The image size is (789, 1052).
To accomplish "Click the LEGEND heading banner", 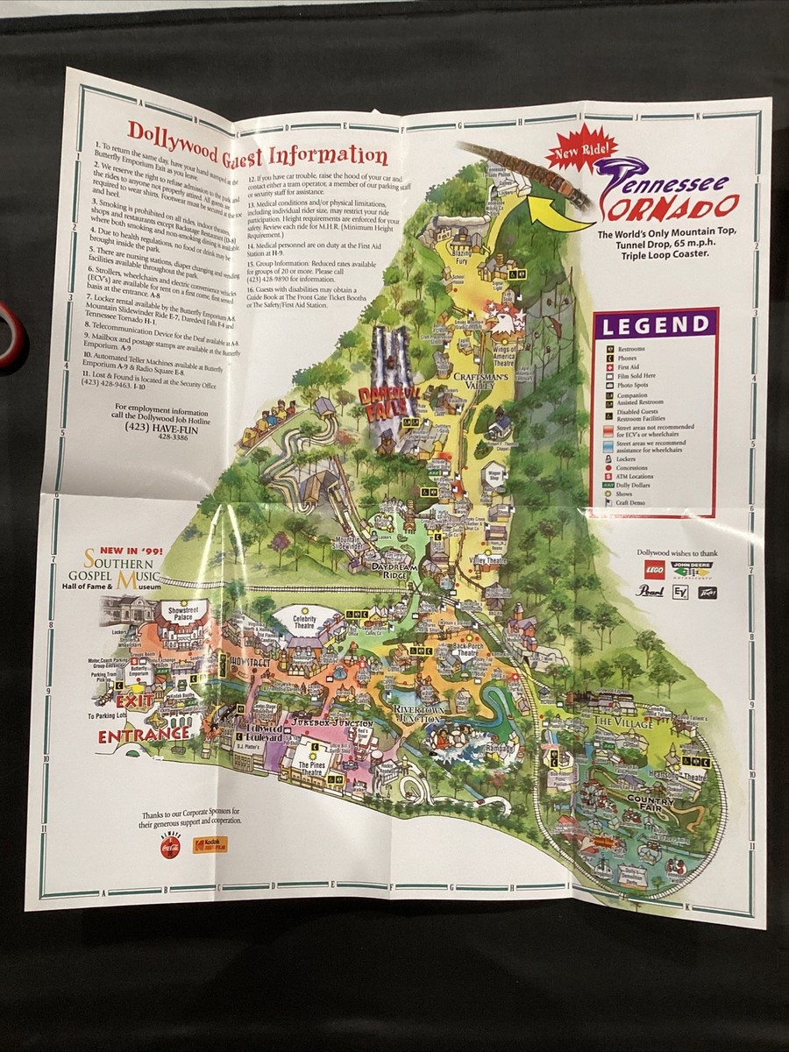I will coord(655,325).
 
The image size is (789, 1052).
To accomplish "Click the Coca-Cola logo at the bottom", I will coord(170,848).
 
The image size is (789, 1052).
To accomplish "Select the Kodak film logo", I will coord(210,844).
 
